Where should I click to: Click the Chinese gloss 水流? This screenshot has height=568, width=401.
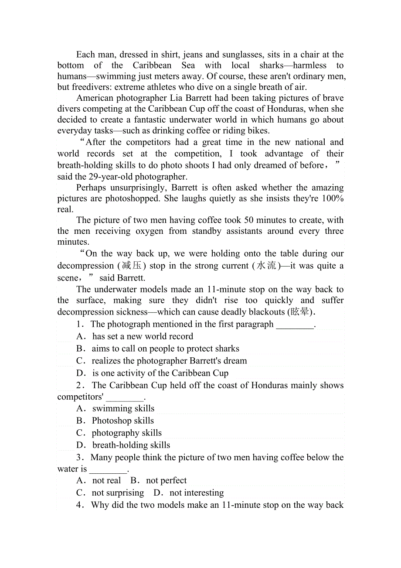tap(265, 266)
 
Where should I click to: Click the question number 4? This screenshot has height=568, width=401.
tap(79, 505)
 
